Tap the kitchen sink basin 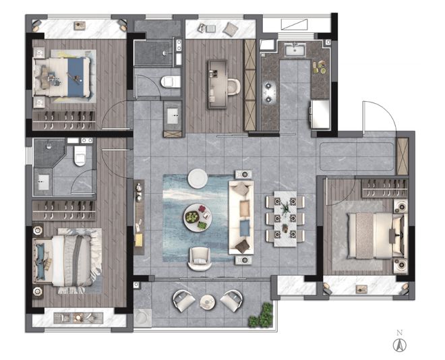pyautogui.click(x=295, y=51)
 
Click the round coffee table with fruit pyautogui.click(x=198, y=218)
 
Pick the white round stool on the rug pyautogui.click(x=197, y=179)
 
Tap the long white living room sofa pyautogui.click(x=241, y=218)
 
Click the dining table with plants pyautogui.click(x=285, y=218)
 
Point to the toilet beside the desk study pyautogui.click(x=171, y=82)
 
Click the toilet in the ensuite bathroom pyautogui.click(x=80, y=156)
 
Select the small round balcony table pyautogui.click(x=208, y=302)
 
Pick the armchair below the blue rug pyautogui.click(x=200, y=258)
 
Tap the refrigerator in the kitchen pyautogui.click(x=320, y=114)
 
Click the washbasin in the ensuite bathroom pyautogui.click(x=43, y=182)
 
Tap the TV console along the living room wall pyautogui.click(x=139, y=217)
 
